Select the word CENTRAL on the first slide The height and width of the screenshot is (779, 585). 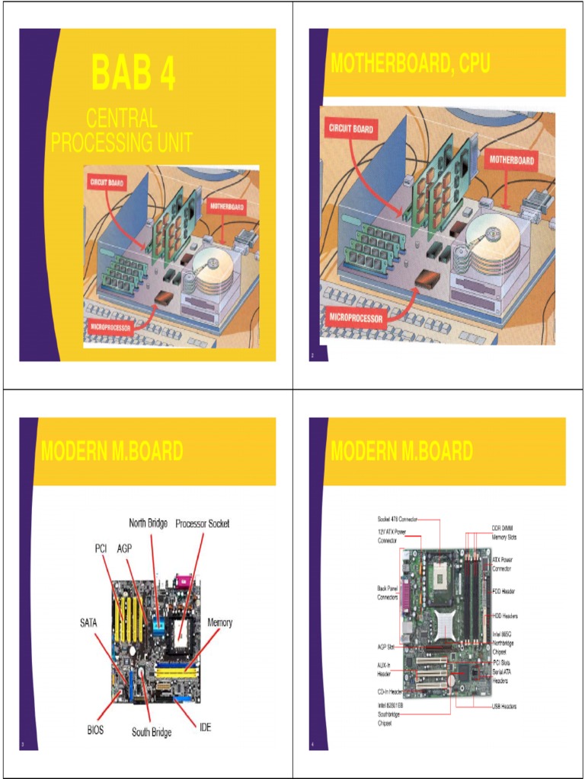tap(122, 119)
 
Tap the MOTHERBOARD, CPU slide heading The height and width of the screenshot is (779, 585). tap(411, 65)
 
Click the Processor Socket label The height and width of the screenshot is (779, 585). tap(203, 523)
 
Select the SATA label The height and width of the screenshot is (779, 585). tap(88, 622)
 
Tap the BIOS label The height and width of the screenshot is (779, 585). tap(95, 730)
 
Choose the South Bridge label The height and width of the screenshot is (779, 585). tap(152, 732)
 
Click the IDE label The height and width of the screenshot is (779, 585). tap(205, 727)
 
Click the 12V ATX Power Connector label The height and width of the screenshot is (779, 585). tap(392, 536)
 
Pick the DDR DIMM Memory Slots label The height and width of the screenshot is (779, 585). tap(505, 532)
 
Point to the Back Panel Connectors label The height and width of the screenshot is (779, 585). tap(388, 593)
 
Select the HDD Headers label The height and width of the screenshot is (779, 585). tap(505, 615)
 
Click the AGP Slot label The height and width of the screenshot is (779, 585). tap(385, 647)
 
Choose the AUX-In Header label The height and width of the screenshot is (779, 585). tap(385, 669)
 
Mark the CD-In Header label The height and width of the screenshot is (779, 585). tap(390, 692)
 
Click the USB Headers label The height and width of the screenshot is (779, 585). tap(505, 707)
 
